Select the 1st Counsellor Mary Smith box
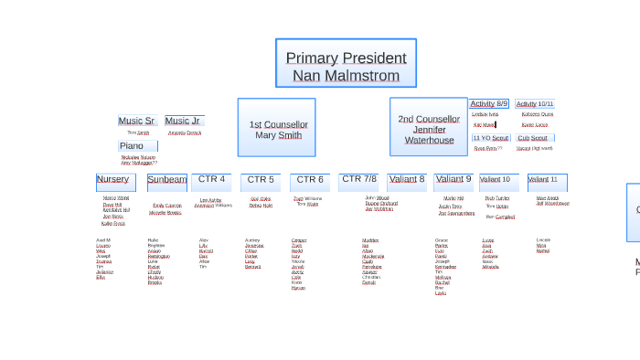[x=277, y=128]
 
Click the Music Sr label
[x=137, y=121]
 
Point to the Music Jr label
[x=183, y=121]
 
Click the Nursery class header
[x=115, y=180]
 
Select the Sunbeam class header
[x=167, y=180]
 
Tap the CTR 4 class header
[x=211, y=180]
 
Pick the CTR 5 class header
[x=261, y=180]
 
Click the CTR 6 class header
[x=310, y=180]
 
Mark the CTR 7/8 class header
[x=358, y=180]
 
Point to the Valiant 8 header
[x=407, y=180]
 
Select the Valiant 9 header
[x=453, y=180]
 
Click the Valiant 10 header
[x=498, y=180]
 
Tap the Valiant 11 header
[x=547, y=180]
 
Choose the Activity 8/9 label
[x=489, y=104]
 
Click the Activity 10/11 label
[x=535, y=104]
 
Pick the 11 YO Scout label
[x=491, y=138]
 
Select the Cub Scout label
[x=534, y=138]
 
